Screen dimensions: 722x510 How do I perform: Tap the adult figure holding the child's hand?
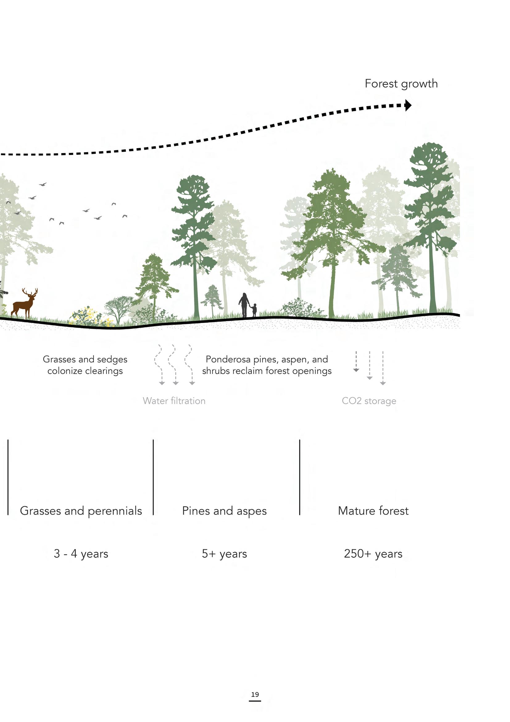click(244, 305)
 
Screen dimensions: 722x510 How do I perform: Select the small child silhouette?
click(254, 310)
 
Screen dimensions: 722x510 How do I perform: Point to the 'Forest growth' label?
click(401, 84)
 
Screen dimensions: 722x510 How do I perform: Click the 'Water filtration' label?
click(174, 401)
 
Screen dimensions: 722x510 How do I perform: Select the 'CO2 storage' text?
click(369, 401)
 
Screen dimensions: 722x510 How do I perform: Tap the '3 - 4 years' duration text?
click(81, 554)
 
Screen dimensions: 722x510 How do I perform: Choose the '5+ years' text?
click(224, 554)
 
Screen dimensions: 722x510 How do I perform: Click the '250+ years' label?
click(373, 554)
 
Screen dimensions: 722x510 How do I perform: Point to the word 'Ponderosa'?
click(228, 359)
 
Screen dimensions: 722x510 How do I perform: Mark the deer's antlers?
click(30, 292)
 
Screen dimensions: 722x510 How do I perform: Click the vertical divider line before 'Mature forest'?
click(300, 477)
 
